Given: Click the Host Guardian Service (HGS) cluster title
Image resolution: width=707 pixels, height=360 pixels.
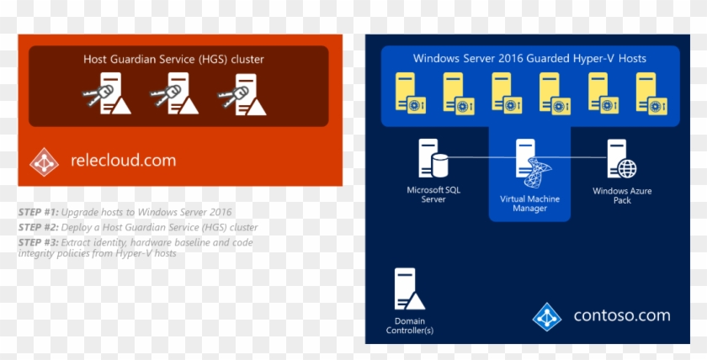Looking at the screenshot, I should tap(173, 59).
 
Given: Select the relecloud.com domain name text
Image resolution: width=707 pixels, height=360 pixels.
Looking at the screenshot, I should tap(123, 161).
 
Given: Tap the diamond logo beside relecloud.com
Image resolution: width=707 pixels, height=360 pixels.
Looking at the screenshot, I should tap(45, 161).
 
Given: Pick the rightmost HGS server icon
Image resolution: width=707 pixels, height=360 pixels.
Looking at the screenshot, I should tap(243, 94).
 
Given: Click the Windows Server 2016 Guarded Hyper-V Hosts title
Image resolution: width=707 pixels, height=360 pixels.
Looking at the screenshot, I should tap(529, 58).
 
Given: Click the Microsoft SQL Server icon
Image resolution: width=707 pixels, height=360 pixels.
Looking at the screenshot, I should tap(433, 159).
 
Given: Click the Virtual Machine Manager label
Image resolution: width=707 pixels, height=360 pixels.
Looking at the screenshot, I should tap(529, 204).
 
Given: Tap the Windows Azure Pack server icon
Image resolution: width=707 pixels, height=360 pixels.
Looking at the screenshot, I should tap(622, 160).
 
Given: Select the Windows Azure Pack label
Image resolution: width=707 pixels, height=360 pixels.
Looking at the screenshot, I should tap(622, 196).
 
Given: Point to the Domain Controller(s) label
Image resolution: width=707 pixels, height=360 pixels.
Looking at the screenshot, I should tap(409, 326).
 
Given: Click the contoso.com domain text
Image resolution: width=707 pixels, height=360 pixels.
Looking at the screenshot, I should tap(622, 316).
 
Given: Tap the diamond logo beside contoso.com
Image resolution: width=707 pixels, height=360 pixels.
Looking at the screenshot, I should tap(547, 317).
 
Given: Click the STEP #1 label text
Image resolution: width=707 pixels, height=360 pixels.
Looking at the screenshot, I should tap(39, 212).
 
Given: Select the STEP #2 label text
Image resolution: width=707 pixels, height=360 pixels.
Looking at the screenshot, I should tap(39, 227).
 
